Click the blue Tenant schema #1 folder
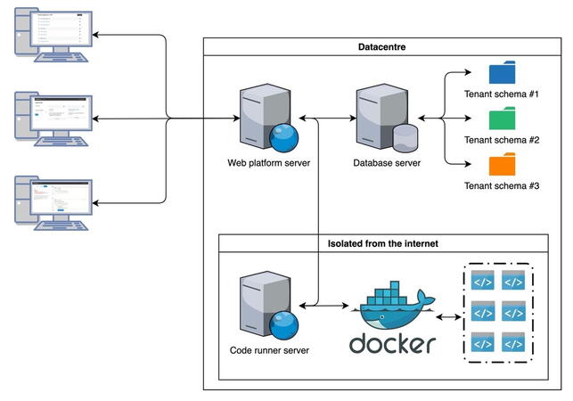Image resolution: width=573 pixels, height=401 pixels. point(502,73)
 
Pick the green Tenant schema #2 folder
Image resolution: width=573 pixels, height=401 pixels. point(502,119)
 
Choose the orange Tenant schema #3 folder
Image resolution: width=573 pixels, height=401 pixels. point(502,165)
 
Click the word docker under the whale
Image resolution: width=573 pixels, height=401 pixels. point(392,344)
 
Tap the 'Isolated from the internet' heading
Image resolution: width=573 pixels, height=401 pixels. point(383,243)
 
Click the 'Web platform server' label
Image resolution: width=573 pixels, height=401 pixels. point(268,164)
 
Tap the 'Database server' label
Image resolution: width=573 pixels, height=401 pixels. point(387,164)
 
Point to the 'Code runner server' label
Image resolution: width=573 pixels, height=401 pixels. point(269,351)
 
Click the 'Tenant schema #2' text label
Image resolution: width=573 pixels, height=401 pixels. point(502,140)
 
